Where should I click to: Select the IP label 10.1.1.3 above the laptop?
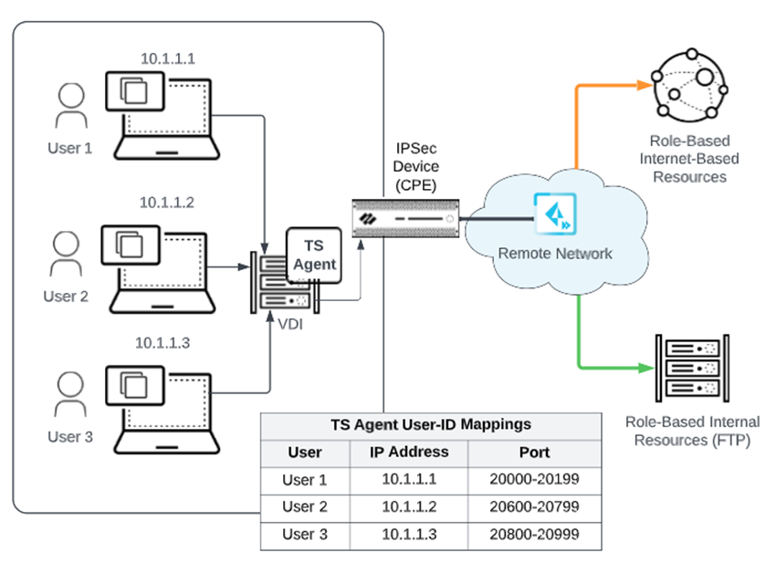[163, 344]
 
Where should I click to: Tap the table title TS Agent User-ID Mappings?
[430, 425]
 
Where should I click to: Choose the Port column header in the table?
[533, 453]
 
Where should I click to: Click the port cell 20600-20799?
[533, 507]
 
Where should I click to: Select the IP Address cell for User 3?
[408, 534]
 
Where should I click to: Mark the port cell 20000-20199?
[533, 480]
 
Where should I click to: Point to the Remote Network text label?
[555, 253]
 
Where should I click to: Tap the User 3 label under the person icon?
[70, 437]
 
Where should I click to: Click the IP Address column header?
[408, 453]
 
